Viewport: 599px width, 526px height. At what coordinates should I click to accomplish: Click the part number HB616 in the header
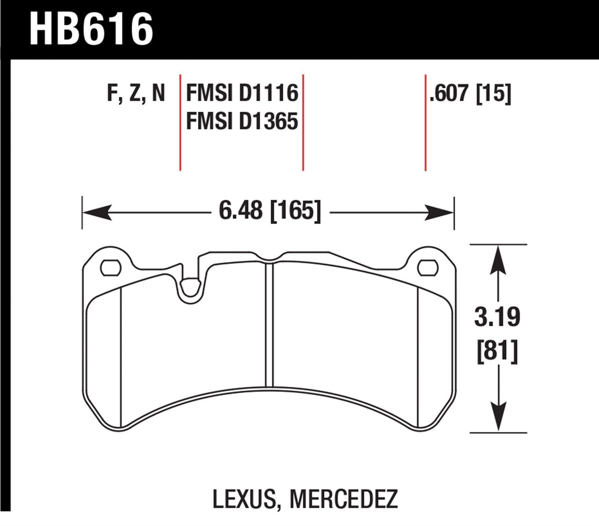point(91,29)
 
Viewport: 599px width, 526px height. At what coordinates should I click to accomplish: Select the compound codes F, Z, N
point(136,94)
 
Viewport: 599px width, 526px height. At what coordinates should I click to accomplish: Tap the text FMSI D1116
point(242,94)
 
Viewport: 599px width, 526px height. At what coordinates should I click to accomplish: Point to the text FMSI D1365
point(242,121)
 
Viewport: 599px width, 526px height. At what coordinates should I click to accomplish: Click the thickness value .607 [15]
point(470,94)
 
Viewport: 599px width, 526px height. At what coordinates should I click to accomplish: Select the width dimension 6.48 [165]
point(270,211)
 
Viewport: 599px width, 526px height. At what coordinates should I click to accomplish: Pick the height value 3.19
point(497,317)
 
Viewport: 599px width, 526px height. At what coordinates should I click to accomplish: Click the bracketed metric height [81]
point(497,351)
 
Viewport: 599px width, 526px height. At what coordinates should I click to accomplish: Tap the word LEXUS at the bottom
point(244,499)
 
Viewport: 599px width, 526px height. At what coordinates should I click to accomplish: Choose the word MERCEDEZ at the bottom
point(343,499)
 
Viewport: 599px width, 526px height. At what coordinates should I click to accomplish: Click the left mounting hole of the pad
point(110,268)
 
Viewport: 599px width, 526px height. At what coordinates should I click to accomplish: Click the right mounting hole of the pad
point(427,268)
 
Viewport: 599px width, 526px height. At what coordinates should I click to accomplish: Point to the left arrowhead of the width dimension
point(96,212)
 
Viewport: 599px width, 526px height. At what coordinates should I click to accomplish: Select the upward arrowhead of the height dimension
point(498,259)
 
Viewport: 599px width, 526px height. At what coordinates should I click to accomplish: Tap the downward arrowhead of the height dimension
point(498,417)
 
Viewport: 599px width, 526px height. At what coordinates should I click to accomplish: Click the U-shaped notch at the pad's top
point(190,289)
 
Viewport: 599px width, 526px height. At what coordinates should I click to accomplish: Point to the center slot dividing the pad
point(269,325)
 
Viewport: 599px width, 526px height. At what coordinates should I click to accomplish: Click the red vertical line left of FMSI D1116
point(180,122)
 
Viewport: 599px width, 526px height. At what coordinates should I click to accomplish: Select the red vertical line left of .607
point(425,122)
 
